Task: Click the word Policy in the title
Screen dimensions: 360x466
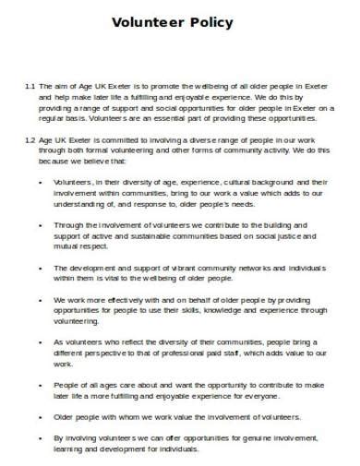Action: pyautogui.click(x=211, y=21)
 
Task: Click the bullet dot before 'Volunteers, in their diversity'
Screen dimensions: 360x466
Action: pyautogui.click(x=43, y=182)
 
